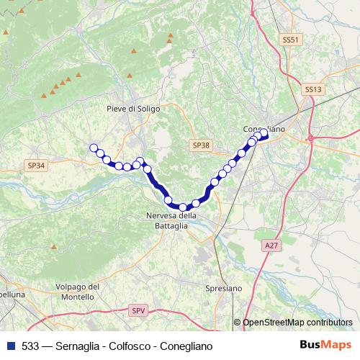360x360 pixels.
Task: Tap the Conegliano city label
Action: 264,128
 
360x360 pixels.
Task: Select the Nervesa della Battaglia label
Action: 171,220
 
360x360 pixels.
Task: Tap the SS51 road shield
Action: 290,40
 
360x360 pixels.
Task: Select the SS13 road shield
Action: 312,89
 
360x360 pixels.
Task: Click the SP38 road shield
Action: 201,145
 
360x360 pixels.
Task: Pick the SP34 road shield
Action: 36,165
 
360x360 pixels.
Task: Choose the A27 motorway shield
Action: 271,246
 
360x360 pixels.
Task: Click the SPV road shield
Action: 138,310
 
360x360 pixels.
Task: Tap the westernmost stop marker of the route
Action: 93,148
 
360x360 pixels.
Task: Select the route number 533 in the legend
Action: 31,344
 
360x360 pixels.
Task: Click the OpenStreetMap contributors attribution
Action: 297,323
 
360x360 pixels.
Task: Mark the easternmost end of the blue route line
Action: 266,135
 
